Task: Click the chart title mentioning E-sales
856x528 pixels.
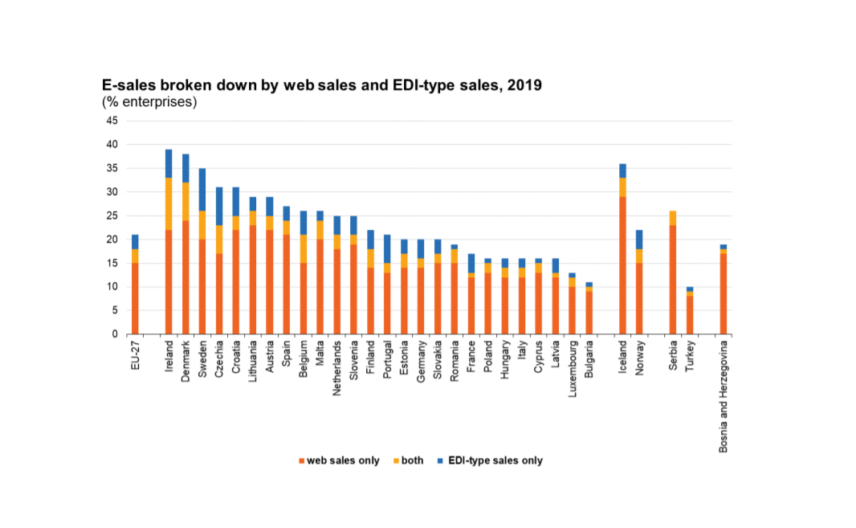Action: pos(321,85)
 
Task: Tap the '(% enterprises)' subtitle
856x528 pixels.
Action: pos(149,102)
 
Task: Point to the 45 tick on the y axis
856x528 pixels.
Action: pos(112,121)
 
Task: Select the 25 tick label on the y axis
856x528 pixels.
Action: pos(112,215)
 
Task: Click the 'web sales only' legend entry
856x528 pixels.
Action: pos(338,460)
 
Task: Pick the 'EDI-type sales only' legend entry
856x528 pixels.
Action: pos(489,460)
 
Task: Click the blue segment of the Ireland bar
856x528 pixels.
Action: pos(169,163)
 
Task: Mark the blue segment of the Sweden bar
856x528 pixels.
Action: pos(202,189)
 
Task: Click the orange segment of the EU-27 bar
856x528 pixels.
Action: pos(135,298)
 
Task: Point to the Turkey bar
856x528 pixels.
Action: pos(689,310)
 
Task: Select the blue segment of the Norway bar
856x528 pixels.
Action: pos(639,239)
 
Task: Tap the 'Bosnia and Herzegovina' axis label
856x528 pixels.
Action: pos(724,399)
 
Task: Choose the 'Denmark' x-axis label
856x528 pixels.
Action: pos(185,363)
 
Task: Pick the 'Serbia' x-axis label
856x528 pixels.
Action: pos(673,358)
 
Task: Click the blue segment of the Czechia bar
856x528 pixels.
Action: pos(219,206)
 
